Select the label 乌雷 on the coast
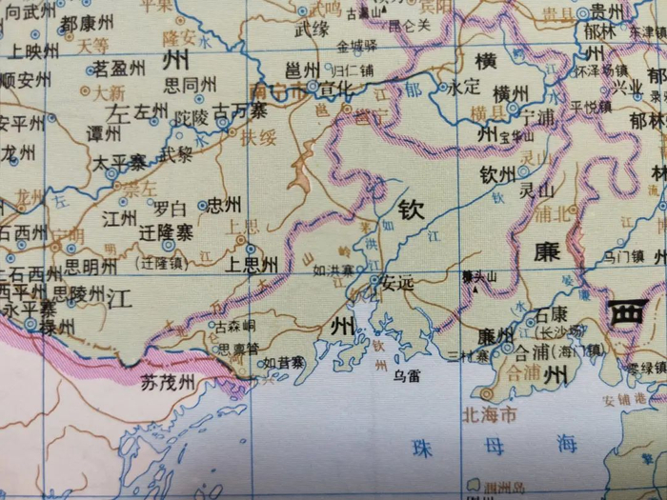click(407, 375)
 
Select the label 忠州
click(225, 204)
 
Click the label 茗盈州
click(119, 70)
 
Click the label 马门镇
click(625, 255)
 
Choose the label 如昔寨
click(284, 363)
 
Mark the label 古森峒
click(234, 327)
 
